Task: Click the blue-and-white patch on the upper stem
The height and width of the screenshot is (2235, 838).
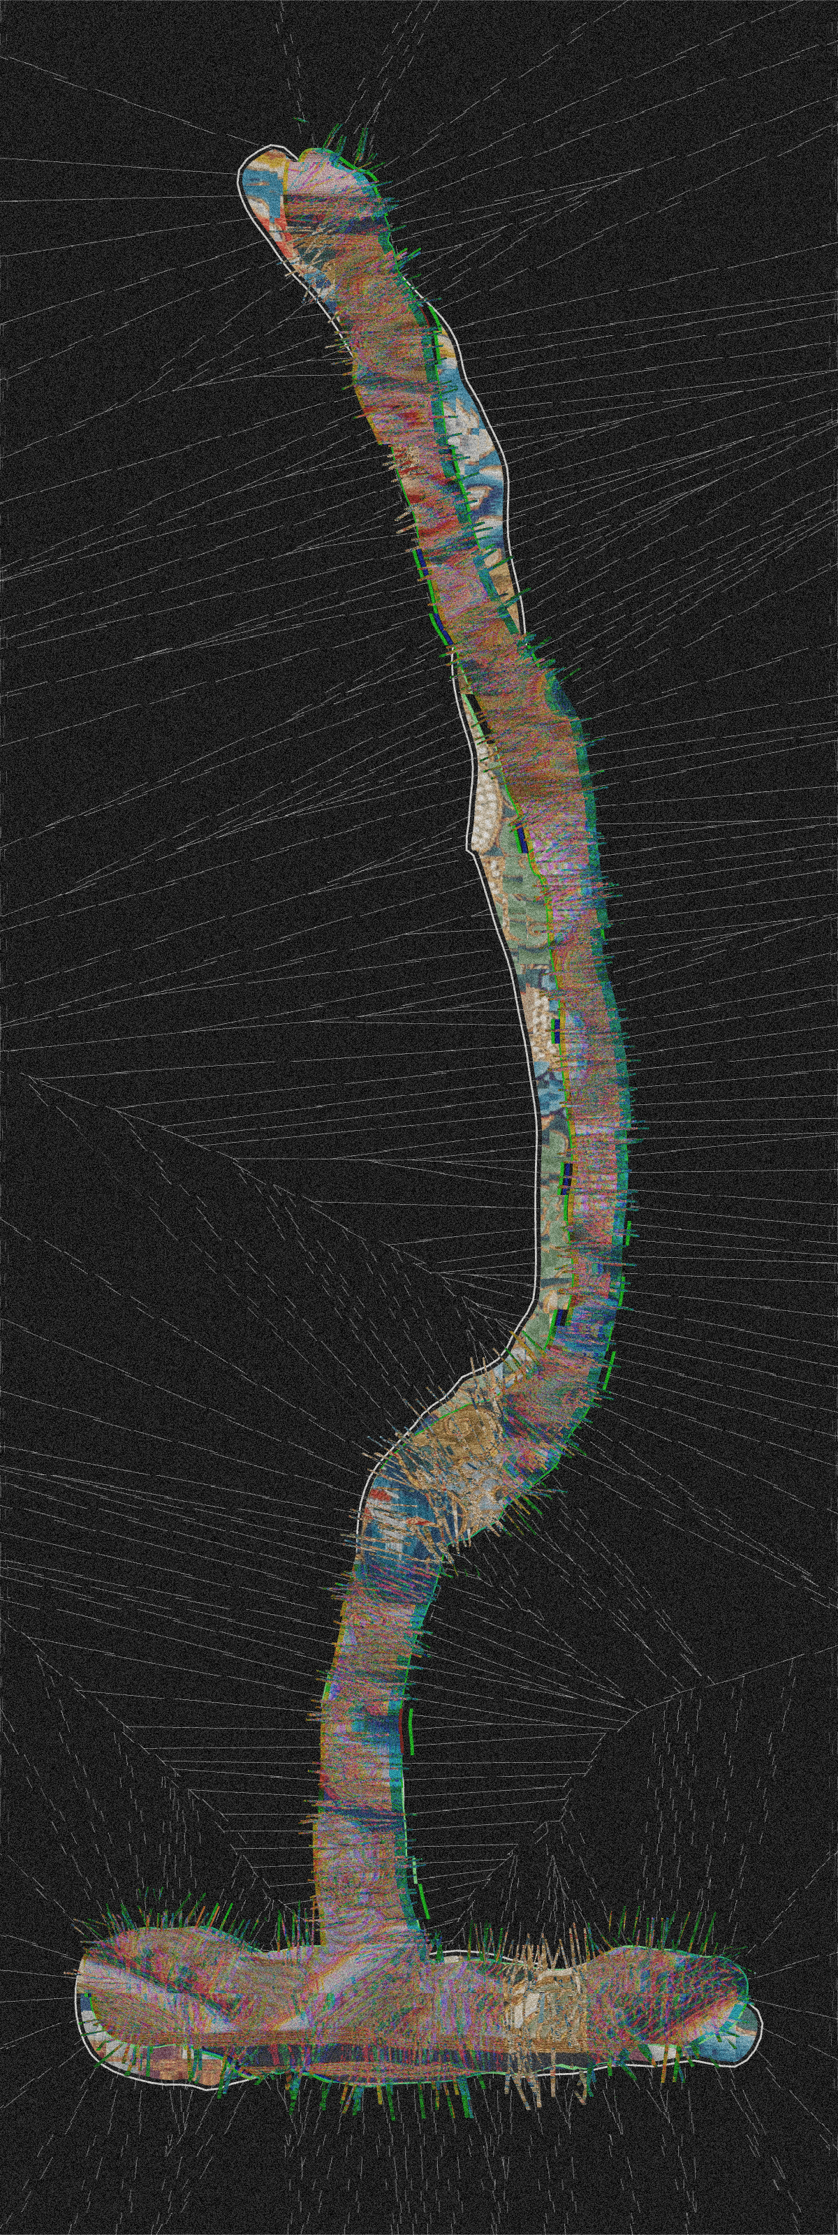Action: pos(473,425)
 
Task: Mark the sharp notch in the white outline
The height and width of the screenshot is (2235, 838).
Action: pos(469,849)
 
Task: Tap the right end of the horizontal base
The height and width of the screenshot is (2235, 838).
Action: pos(751,1970)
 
